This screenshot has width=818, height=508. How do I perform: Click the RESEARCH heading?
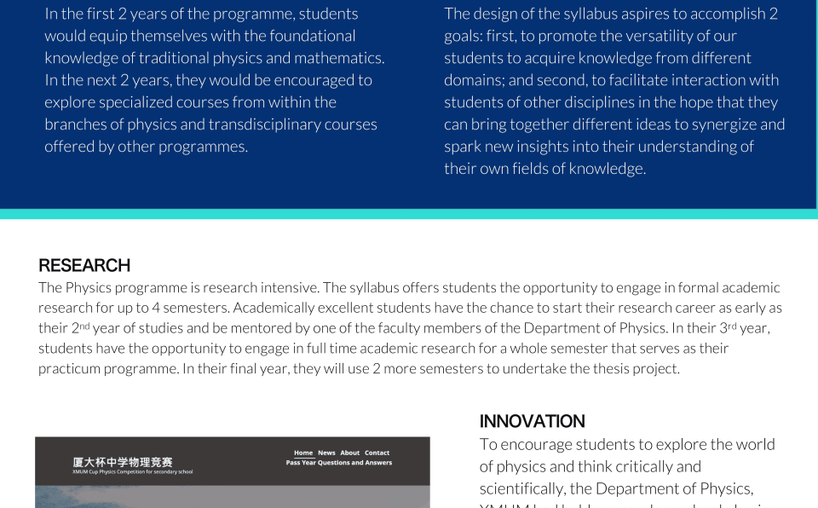coord(84,265)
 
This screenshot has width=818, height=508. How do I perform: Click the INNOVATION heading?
coord(532,421)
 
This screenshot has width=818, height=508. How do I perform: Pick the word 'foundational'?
coord(312,36)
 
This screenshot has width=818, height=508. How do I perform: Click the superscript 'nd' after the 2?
coord(84,325)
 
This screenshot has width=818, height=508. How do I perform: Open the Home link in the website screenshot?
coord(303,453)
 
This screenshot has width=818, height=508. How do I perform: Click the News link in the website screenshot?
coord(326,453)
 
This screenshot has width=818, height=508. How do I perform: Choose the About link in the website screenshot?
coord(350,453)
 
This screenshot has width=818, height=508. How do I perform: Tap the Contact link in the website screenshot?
coord(377,453)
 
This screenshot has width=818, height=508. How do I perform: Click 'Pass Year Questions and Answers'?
coord(339,463)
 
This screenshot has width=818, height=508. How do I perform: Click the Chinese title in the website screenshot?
coord(123,462)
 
